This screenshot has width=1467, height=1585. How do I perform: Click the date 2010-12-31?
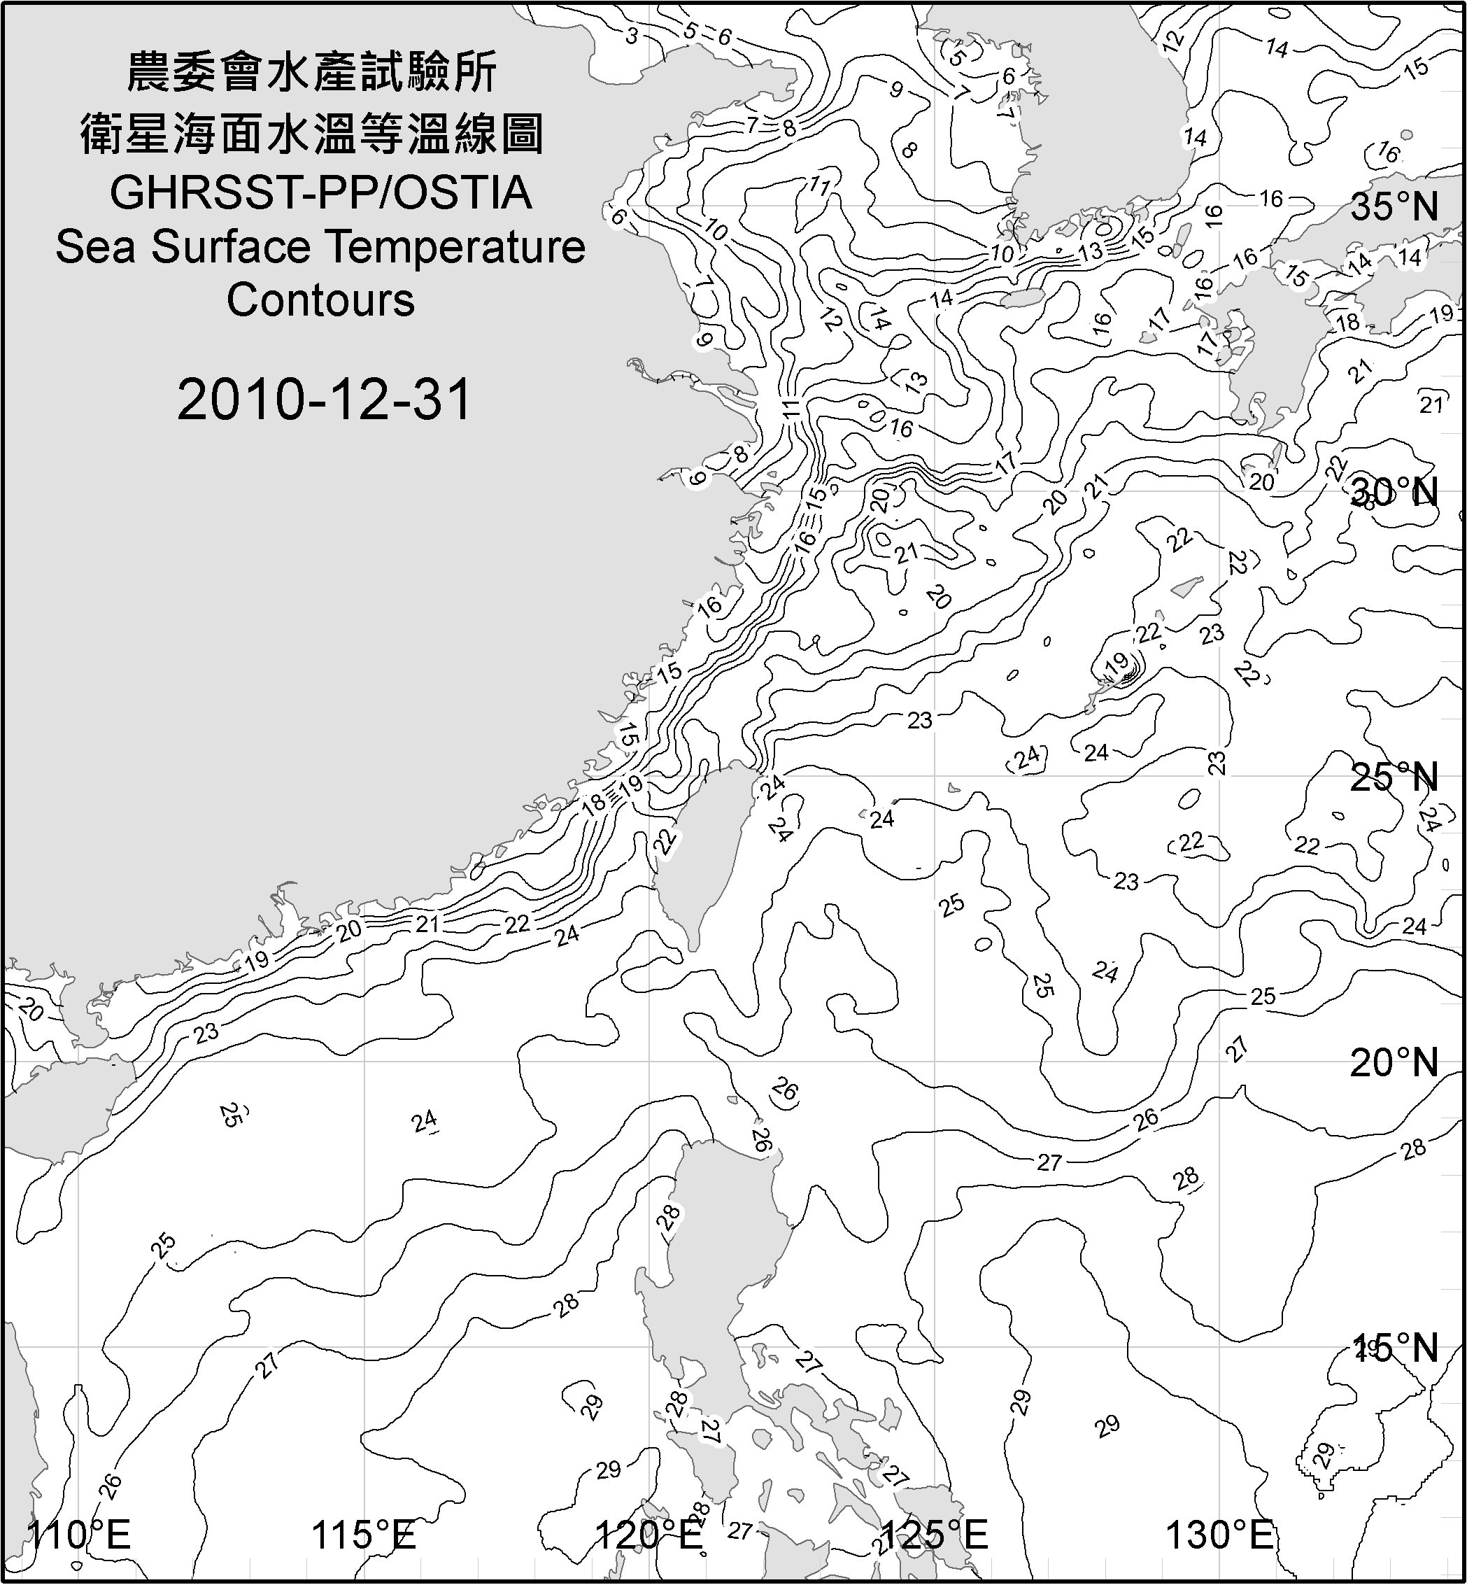(324, 400)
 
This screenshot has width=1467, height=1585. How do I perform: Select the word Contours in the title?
(320, 300)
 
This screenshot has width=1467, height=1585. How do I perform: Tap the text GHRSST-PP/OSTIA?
(320, 193)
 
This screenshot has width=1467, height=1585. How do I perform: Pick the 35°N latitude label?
(1395, 206)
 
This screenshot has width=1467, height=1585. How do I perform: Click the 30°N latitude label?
(1395, 493)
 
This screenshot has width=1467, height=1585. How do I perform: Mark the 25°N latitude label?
(1395, 777)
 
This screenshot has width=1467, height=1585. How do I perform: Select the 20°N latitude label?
(1395, 1062)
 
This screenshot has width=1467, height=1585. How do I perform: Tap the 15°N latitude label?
(1395, 1348)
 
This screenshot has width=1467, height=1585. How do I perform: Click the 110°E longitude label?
(79, 1535)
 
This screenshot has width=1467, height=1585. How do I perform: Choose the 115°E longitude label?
(364, 1535)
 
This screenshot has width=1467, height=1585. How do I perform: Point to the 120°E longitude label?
(649, 1535)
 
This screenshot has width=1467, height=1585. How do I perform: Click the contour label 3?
(632, 36)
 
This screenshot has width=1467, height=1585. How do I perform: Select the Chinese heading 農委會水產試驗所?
(312, 73)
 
